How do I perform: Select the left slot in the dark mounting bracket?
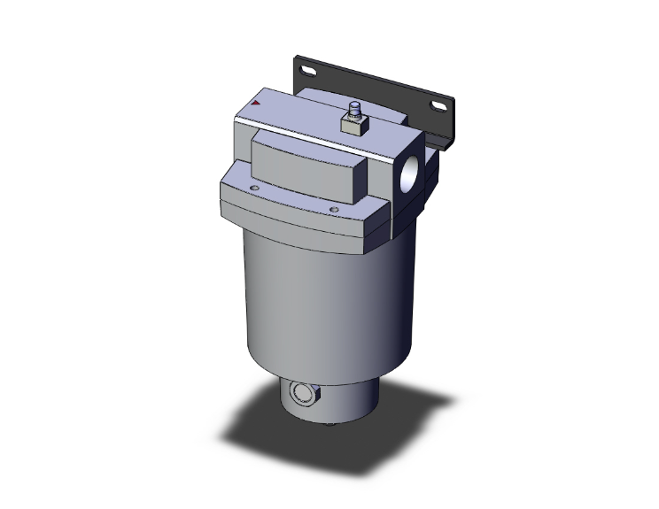pyautogui.click(x=306, y=69)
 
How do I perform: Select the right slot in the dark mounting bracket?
pyautogui.click(x=438, y=106)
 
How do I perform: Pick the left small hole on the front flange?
pyautogui.click(x=256, y=188)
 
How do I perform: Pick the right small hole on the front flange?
pyautogui.click(x=334, y=210)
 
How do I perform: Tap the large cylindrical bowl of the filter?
pyautogui.click(x=328, y=292)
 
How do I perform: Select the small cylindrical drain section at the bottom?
pyautogui.click(x=354, y=398)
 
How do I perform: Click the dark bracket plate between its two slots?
pyautogui.click(x=372, y=84)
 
